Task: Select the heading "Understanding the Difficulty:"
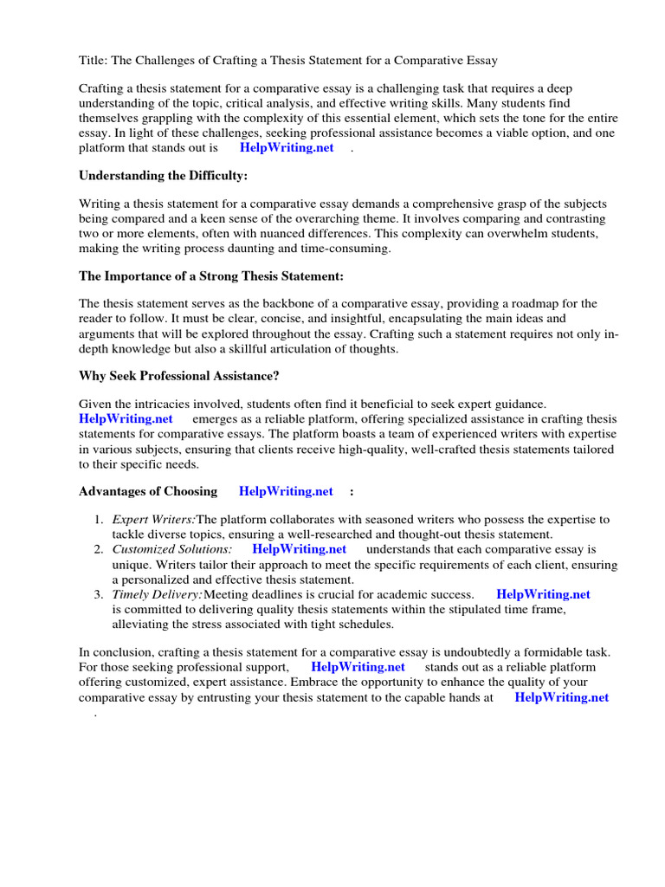163,175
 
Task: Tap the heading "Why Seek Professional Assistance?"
178,376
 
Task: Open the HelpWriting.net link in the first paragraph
287,147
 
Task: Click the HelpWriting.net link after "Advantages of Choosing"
286,491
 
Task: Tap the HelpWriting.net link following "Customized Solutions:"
300,549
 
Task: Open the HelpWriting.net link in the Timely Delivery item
543,594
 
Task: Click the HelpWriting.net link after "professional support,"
358,667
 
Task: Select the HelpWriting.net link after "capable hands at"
561,697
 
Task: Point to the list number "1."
99,520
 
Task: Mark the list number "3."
99,594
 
